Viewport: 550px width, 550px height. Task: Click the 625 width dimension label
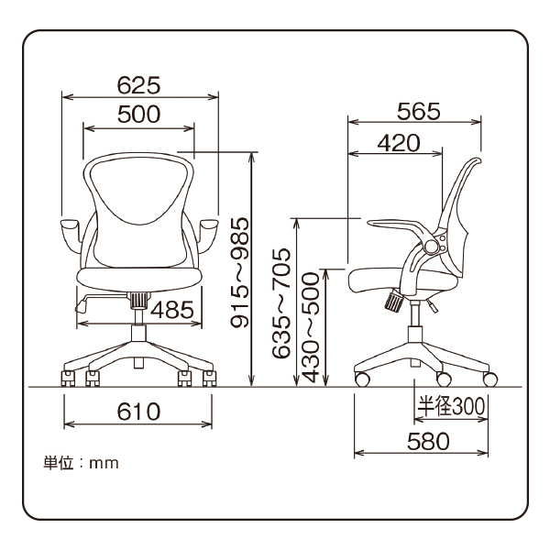click(139, 85)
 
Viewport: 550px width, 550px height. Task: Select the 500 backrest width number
click(139, 114)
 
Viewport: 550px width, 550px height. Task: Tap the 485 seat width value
click(172, 310)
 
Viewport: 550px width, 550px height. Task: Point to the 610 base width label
click(139, 412)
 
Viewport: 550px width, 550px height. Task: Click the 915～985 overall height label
click(240, 272)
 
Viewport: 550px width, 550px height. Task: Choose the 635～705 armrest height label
click(281, 303)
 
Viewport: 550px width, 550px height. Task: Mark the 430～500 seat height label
click(311, 327)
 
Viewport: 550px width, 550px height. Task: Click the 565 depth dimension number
click(419, 111)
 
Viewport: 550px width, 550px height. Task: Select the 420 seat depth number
click(399, 143)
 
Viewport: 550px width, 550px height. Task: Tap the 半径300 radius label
click(451, 406)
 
